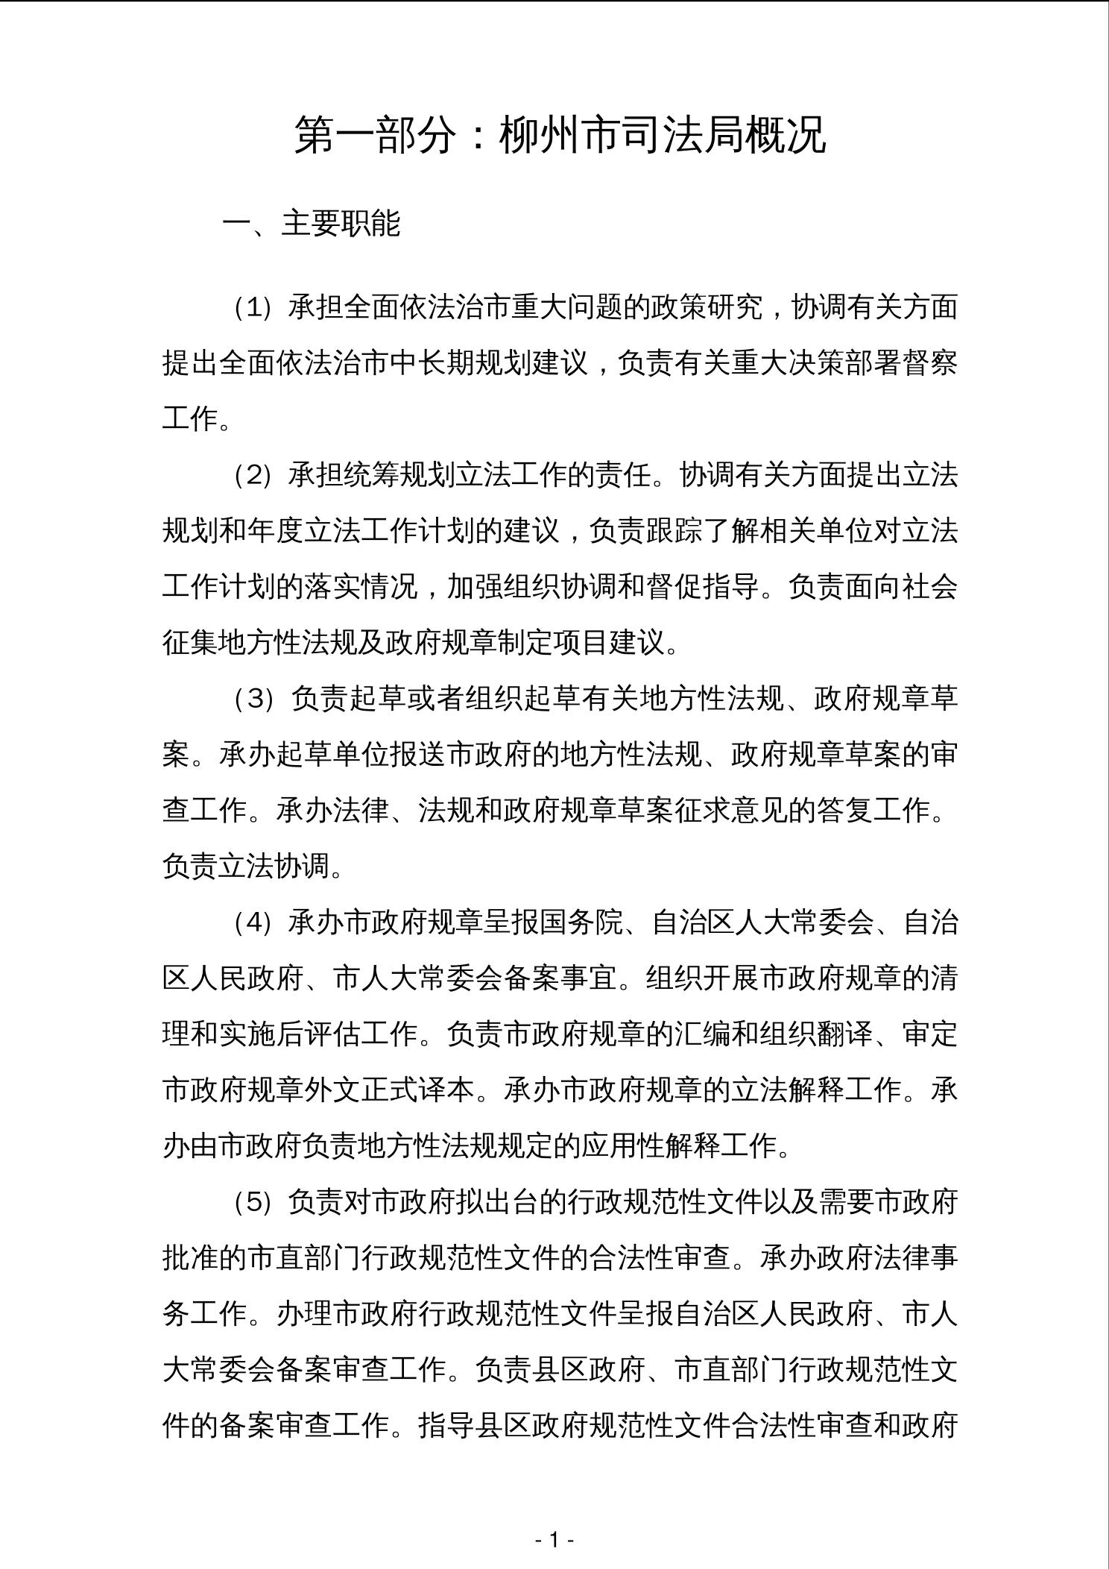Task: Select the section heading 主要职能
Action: point(341,223)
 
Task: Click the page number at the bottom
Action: point(554,1538)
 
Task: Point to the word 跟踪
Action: point(674,531)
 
